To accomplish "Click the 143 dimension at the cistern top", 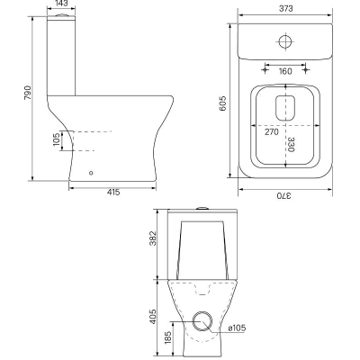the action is tap(61, 4).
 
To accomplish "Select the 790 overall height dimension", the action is tap(27, 93).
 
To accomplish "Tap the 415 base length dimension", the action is tap(113, 193).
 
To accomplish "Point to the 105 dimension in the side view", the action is tap(57, 139).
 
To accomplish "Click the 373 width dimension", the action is tap(285, 9).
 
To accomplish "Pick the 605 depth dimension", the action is tap(223, 103).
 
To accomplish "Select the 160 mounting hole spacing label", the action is tap(285, 71).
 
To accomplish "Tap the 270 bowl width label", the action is tap(272, 131).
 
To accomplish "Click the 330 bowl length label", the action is tap(291, 145).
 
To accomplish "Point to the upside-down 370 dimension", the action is tap(283, 196).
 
